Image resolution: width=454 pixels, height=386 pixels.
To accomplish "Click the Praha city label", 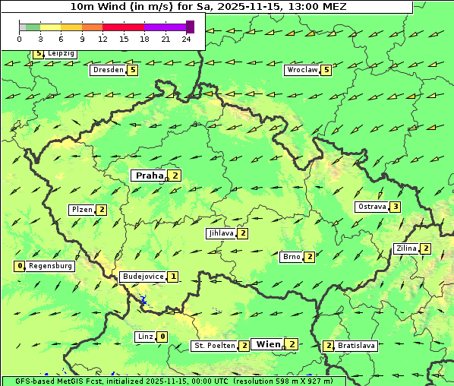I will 149,176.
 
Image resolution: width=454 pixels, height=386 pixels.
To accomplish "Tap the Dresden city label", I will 107,70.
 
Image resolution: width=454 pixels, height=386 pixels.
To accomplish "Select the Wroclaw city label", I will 301,70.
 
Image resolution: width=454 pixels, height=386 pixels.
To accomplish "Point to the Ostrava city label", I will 371,207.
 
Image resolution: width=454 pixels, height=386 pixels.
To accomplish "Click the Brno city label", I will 291,257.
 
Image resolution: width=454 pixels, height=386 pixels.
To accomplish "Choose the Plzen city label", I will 81,210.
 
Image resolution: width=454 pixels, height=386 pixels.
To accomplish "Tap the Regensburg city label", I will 50,266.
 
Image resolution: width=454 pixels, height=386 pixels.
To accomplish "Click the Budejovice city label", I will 142,277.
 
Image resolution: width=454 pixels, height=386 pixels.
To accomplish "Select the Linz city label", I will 145,337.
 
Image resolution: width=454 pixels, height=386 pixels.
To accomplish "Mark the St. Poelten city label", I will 214,346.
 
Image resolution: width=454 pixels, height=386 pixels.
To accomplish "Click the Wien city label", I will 268,344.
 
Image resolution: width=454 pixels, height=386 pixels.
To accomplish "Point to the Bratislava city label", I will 356,346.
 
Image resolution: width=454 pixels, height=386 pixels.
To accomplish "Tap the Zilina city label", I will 406,248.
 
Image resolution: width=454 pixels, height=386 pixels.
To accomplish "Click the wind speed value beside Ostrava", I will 396,207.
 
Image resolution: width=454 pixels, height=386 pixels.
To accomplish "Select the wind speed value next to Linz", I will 162,337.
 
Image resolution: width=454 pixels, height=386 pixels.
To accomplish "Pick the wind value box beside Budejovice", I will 174,277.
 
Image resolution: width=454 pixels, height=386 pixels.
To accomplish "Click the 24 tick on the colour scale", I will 186,39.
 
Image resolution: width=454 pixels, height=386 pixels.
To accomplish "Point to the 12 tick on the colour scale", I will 102,39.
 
